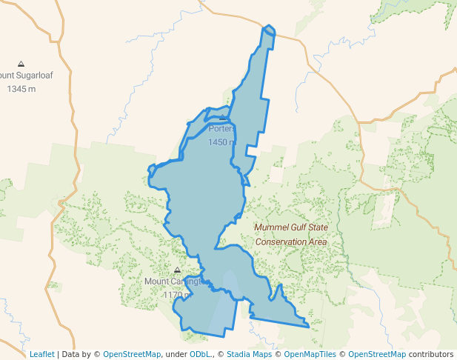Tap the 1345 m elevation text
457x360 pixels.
pyautogui.click(x=21, y=89)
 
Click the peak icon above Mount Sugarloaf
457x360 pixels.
pyautogui.click(x=21, y=64)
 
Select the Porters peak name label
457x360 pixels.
pyautogui.click(x=222, y=129)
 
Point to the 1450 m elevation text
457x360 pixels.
pyautogui.click(x=221, y=142)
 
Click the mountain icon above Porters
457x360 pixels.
pyautogui.click(x=222, y=117)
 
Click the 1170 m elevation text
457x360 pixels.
pyautogui.click(x=176, y=295)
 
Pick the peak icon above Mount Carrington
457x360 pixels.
pyautogui.click(x=177, y=270)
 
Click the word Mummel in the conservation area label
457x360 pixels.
pyautogui.click(x=273, y=228)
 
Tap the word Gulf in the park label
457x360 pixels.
pyautogui.click(x=302, y=228)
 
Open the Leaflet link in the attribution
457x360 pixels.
pyautogui.click(x=41, y=354)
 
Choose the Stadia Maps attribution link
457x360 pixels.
pyautogui.click(x=247, y=354)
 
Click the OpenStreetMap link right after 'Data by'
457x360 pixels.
pyautogui.click(x=132, y=354)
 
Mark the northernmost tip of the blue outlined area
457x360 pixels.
pyautogui.click(x=267, y=26)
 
